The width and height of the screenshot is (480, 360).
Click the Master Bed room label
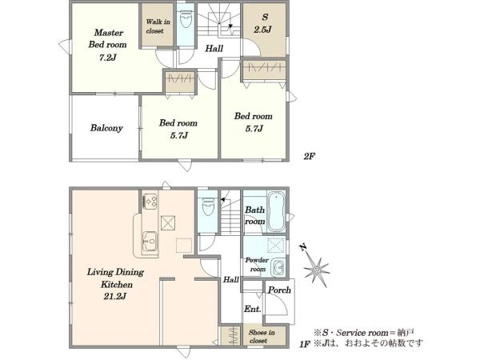point(107,38)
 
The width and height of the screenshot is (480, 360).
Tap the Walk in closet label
point(158,26)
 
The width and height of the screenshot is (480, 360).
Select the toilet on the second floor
point(186,19)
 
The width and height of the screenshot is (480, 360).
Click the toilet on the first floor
point(208,206)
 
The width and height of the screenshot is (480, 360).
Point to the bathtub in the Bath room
point(276,212)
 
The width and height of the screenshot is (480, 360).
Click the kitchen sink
point(150,242)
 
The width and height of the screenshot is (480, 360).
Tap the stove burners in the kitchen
point(150,202)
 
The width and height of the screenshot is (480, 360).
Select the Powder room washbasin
point(278,268)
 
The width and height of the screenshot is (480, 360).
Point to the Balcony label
point(106,128)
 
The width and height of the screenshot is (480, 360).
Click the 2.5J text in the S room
point(262,30)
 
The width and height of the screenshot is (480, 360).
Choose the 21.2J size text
point(114,296)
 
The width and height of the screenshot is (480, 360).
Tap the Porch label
point(279,290)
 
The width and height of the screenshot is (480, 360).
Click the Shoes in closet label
point(262,337)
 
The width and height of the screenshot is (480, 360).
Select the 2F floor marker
point(309,157)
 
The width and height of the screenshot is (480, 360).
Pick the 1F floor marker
point(306,344)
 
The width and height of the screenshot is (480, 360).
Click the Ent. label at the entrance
point(253,309)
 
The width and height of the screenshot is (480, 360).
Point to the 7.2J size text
point(108,58)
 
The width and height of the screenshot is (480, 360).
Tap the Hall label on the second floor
point(214,48)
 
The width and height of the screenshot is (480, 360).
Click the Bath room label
point(254,215)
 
